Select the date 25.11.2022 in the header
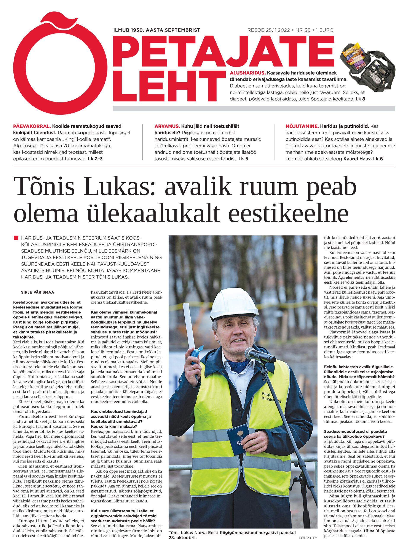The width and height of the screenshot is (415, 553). pos(278,30)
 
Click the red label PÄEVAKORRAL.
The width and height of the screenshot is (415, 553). pos(32,126)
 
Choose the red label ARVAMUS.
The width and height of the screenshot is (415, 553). pos(167,126)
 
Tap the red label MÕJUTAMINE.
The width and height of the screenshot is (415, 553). pos(302,126)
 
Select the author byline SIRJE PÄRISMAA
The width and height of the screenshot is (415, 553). pos(38,292)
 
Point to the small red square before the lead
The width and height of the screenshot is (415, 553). pos(16,238)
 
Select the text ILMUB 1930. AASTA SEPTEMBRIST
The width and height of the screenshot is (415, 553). pos(156,30)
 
